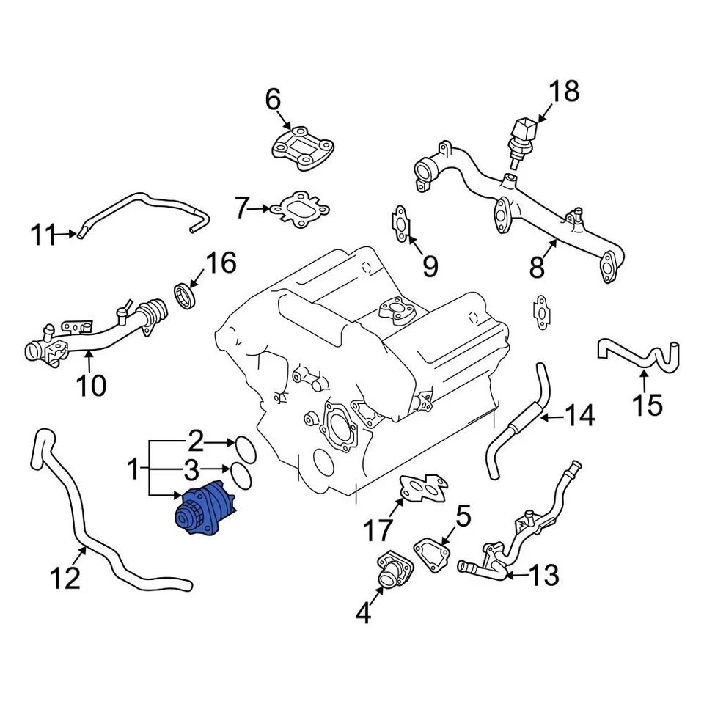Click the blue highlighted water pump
pos(205,507)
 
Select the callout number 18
pos(564,92)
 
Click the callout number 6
pos(273,99)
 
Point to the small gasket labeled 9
pos(400,222)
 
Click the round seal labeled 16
pos(186,296)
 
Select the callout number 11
pos(44,235)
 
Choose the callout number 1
pos(133,468)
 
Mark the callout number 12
pos(65,579)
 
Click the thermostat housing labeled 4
pos(389,572)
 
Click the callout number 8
pos(538,268)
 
